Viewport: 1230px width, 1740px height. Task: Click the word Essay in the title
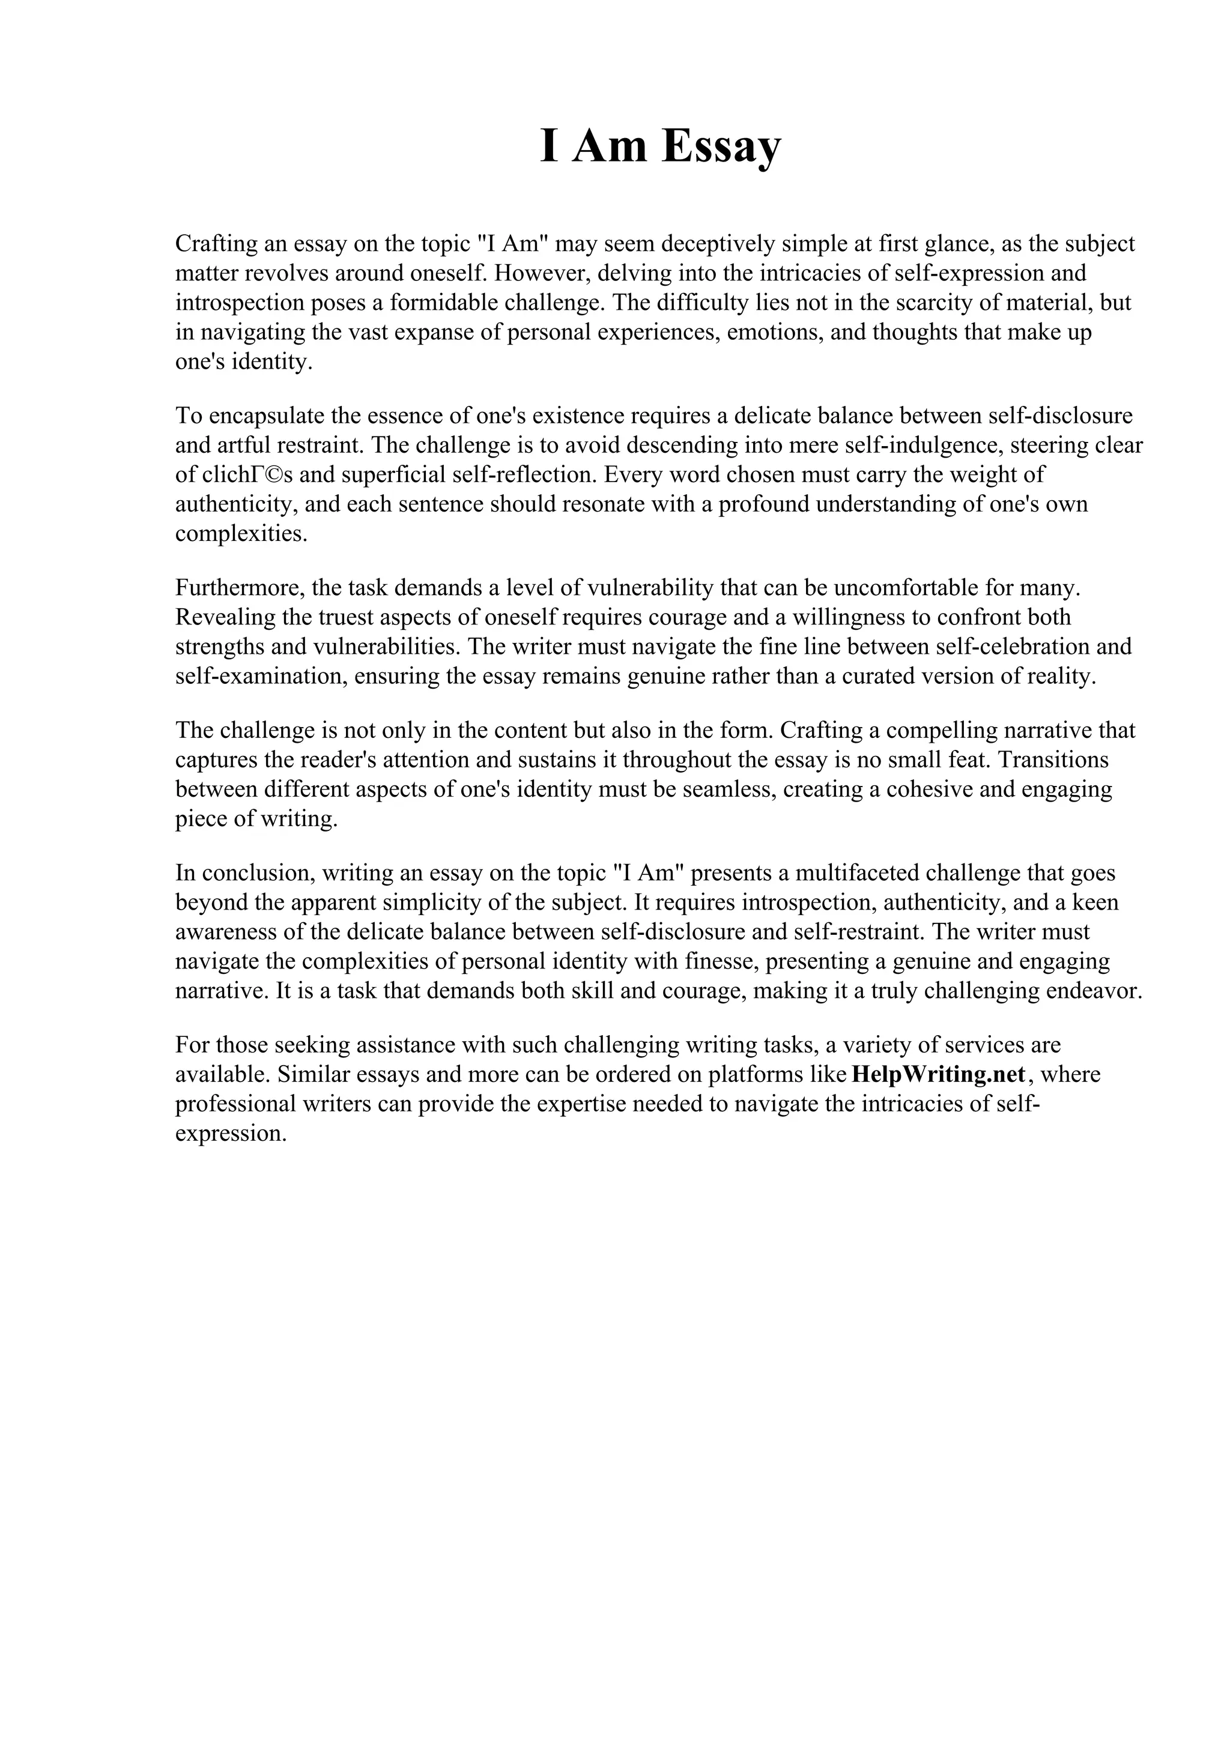[720, 147]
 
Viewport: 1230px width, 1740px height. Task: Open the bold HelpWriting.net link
[938, 1075]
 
